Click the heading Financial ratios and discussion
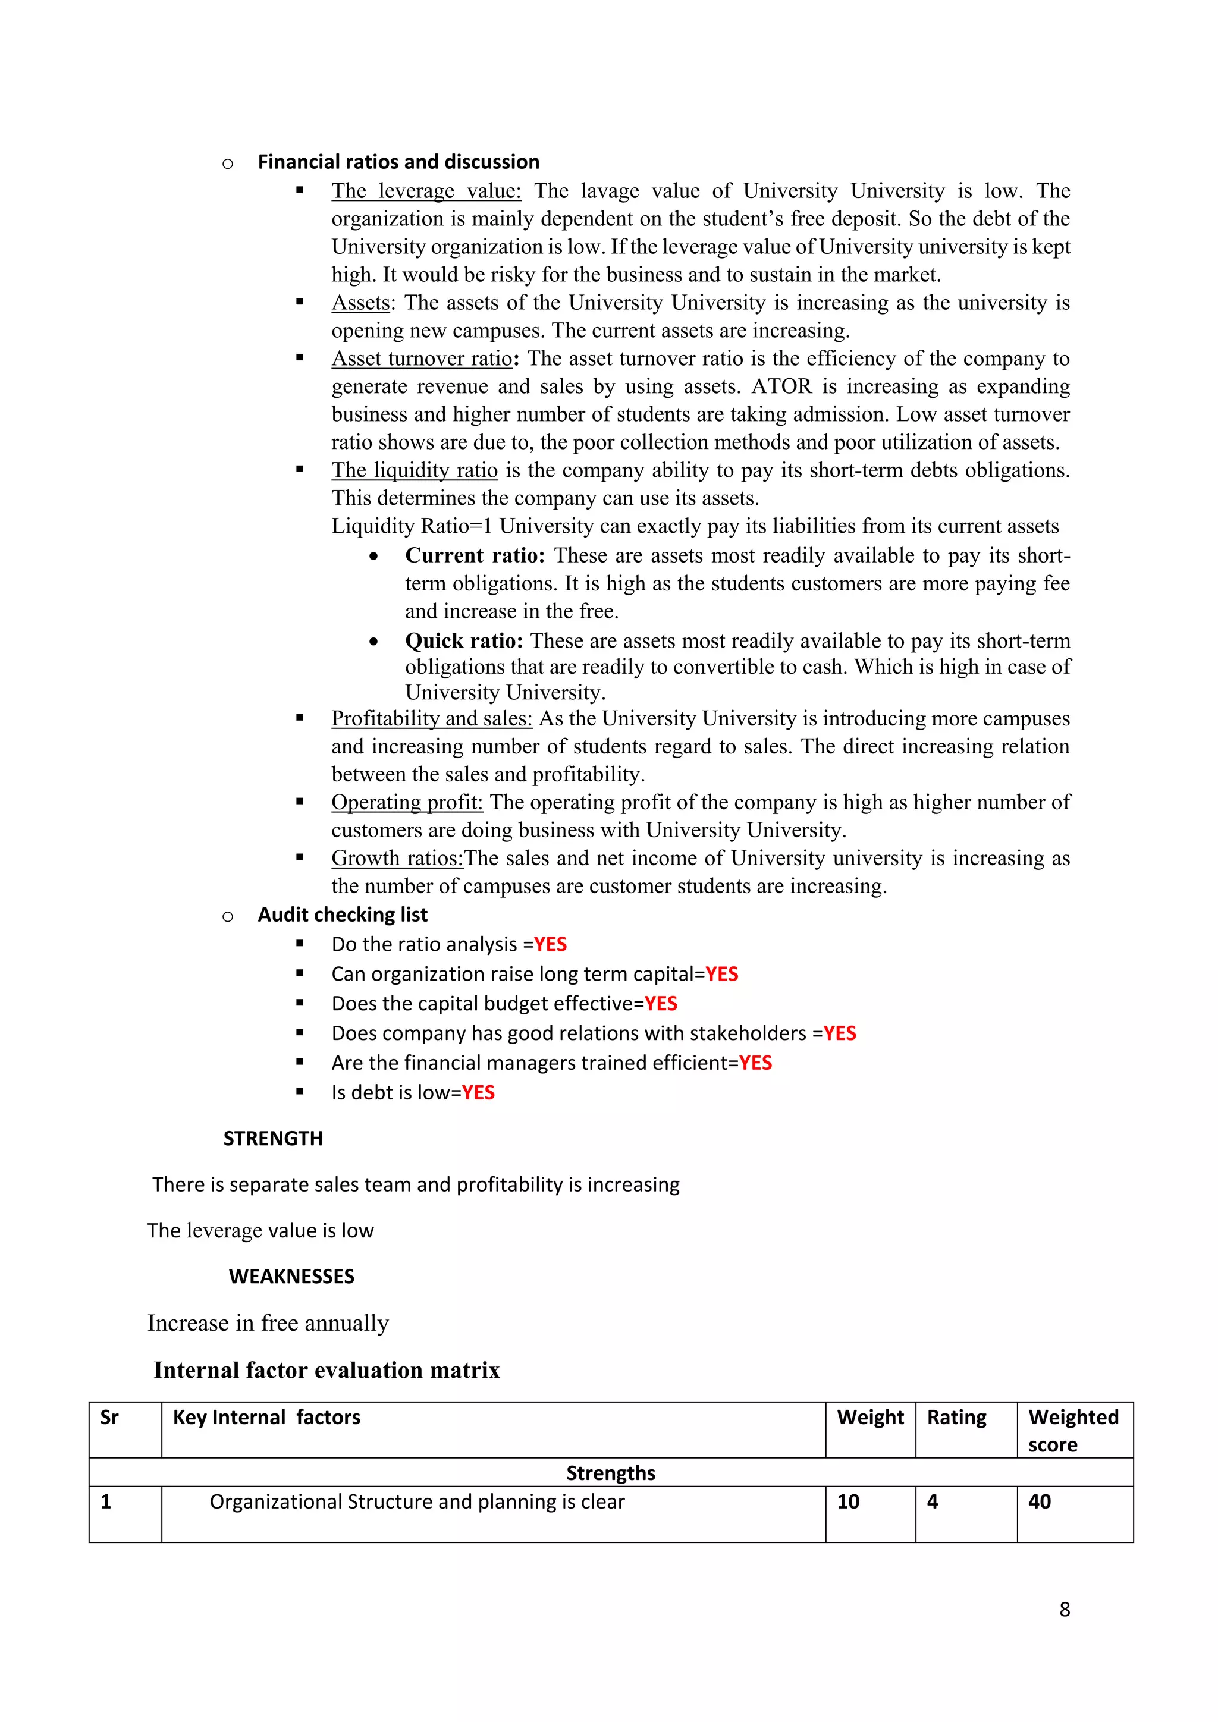pyautogui.click(x=398, y=162)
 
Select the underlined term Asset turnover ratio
pyautogui.click(x=422, y=359)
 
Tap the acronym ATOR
pyautogui.click(x=781, y=386)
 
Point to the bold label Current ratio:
pyautogui.click(x=475, y=556)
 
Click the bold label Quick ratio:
pyautogui.click(x=463, y=641)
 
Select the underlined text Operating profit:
pyautogui.click(x=407, y=803)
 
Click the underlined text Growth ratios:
pyautogui.click(x=397, y=858)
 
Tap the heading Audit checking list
pyautogui.click(x=342, y=915)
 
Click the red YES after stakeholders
pyautogui.click(x=839, y=1033)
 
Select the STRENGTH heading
pyautogui.click(x=273, y=1139)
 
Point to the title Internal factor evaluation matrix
pyautogui.click(x=327, y=1370)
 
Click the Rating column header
pyautogui.click(x=956, y=1418)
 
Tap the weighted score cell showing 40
pyautogui.click(x=1040, y=1501)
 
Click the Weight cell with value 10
pyautogui.click(x=848, y=1501)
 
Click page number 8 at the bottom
pyautogui.click(x=1064, y=1610)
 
